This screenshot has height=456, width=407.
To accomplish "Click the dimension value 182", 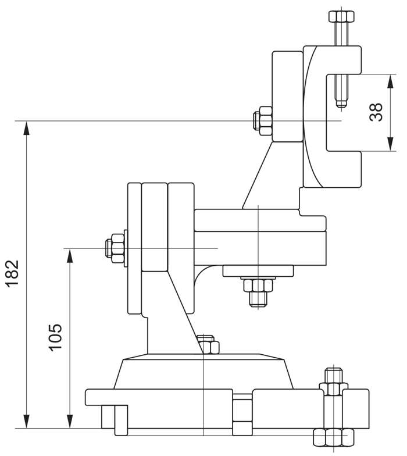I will [x=12, y=272].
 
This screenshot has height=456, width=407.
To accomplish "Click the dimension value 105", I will [x=56, y=336].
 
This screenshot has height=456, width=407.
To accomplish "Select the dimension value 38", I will [x=376, y=111].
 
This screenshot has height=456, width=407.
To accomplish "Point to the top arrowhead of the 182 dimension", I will [x=26, y=127].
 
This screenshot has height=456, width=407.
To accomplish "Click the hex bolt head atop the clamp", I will [x=340, y=15].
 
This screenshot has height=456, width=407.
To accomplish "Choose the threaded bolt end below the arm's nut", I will [x=258, y=299].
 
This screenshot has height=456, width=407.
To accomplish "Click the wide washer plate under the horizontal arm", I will [x=258, y=271].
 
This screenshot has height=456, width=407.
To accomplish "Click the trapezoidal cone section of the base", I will [x=203, y=372].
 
